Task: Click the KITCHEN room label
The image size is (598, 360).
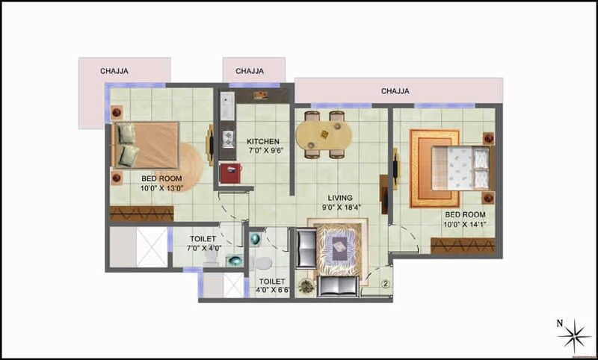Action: point(263,141)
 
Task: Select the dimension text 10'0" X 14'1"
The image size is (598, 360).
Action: point(464,223)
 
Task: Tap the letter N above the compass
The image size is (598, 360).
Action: point(559,323)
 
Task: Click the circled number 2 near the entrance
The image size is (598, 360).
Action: point(385,284)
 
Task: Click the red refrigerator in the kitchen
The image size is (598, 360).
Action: point(229,173)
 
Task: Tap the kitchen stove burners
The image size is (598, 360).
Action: point(226,137)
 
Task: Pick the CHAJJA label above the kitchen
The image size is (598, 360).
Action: point(249,72)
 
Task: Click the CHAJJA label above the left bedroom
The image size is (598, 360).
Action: point(114,72)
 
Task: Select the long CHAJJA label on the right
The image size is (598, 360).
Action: point(395,91)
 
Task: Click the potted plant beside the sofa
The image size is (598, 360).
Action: point(305,285)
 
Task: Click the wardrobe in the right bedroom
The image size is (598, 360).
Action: point(463,246)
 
